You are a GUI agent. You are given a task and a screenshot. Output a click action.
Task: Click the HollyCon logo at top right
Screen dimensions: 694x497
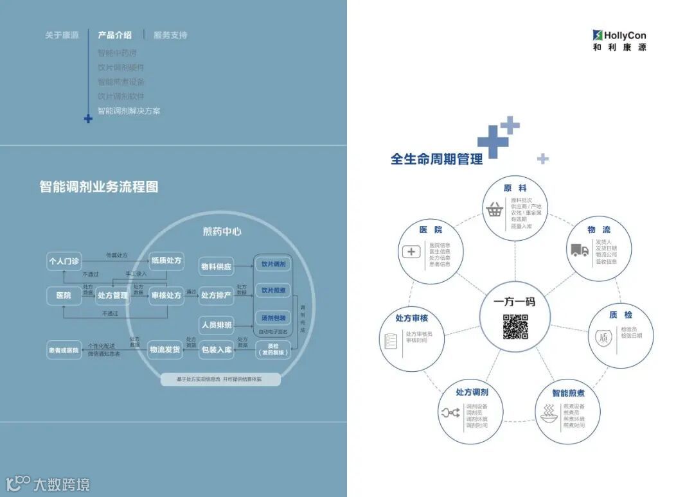(x=619, y=40)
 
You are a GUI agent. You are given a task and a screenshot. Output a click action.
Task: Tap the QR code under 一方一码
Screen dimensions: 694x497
(x=515, y=327)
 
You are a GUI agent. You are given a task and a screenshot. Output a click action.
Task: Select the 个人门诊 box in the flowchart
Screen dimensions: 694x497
(x=64, y=261)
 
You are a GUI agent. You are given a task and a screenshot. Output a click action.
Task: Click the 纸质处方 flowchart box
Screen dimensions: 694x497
(x=166, y=261)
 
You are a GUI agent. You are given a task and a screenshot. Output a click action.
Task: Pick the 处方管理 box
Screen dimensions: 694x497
(x=112, y=295)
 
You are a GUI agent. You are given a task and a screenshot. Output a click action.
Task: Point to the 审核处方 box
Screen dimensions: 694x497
(x=166, y=295)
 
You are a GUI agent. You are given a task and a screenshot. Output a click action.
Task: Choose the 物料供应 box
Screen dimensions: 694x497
(x=216, y=266)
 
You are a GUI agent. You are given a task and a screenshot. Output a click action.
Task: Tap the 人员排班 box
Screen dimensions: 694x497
(x=216, y=324)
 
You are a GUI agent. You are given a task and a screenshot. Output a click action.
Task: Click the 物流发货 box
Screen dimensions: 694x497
(x=165, y=349)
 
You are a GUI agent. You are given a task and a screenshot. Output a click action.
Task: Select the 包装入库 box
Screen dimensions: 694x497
(x=216, y=350)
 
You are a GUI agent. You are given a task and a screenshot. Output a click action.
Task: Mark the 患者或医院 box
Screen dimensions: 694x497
(x=64, y=351)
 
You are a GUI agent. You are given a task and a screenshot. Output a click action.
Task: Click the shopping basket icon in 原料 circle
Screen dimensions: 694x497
(x=494, y=209)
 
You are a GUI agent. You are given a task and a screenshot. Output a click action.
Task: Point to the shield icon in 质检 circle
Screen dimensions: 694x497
(x=603, y=338)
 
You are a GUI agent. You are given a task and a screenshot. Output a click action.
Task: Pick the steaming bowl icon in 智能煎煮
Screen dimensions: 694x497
(x=549, y=415)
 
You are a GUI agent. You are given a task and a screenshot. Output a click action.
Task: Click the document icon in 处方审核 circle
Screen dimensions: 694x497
(x=391, y=341)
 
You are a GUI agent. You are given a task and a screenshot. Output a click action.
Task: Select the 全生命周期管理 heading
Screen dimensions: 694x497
(x=436, y=159)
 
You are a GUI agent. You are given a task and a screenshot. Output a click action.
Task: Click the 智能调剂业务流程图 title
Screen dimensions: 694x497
(x=99, y=187)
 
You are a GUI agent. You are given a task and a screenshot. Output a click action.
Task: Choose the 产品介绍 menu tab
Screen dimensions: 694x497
(x=114, y=35)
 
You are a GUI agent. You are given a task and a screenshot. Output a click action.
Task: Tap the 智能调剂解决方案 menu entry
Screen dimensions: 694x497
(x=129, y=111)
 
